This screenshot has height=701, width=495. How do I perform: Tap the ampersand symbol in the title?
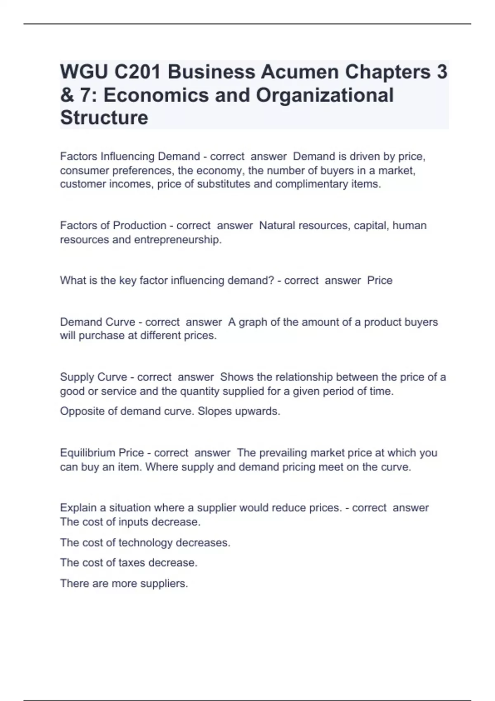[67, 95]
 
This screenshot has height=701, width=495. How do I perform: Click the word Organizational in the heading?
[325, 95]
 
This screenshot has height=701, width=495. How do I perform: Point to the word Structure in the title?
[104, 118]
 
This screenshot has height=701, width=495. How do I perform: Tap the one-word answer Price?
[379, 280]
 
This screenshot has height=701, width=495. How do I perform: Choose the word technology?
[145, 543]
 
